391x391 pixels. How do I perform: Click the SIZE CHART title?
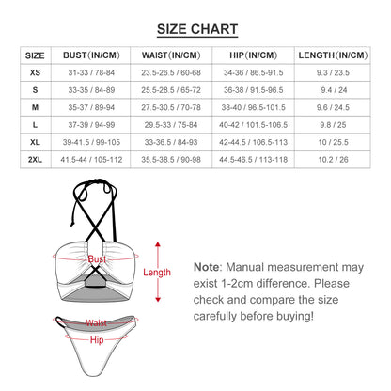pos(195,29)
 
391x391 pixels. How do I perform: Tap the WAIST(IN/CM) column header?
pos(171,56)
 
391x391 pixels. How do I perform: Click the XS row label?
pos(36,71)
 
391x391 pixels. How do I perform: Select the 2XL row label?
pos(36,160)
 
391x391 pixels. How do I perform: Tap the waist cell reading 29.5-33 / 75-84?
pos(171,125)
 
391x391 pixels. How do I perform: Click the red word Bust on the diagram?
pos(97,258)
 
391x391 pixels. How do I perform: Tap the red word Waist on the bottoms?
pos(97,322)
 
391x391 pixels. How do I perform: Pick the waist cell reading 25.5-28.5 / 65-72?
pos(171,89)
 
